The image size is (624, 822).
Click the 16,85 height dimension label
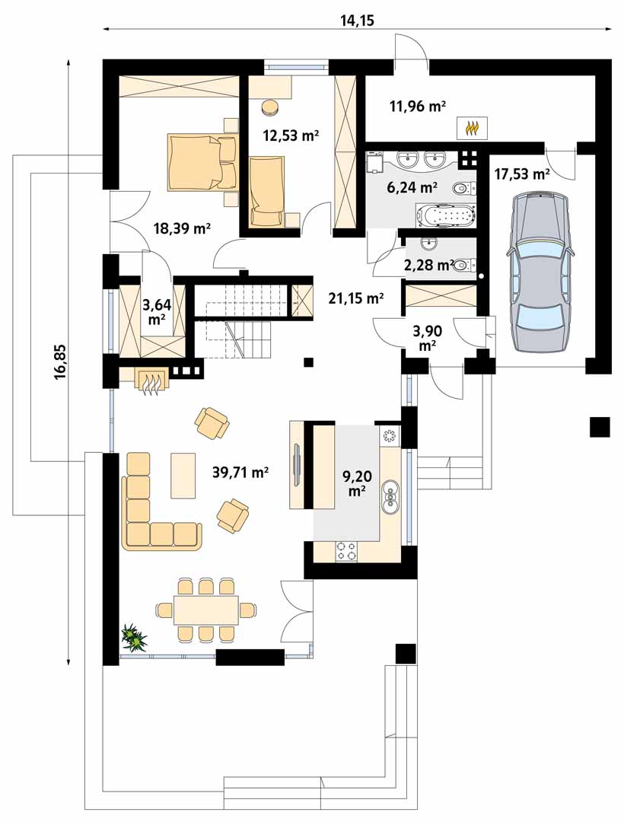point(61,361)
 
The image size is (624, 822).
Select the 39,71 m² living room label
point(240,473)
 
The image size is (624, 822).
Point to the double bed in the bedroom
point(202,162)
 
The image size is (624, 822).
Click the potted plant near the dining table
point(134,638)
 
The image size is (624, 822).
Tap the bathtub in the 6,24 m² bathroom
point(445,215)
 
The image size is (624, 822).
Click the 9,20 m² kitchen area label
point(356,483)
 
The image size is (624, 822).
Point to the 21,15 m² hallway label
point(356,299)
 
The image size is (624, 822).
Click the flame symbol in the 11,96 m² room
point(473,128)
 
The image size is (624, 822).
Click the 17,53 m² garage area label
point(522,173)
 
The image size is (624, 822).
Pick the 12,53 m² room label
point(291,135)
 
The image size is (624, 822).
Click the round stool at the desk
point(270,107)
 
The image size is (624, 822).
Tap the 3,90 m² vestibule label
point(427,338)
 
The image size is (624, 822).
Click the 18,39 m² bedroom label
point(182,228)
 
